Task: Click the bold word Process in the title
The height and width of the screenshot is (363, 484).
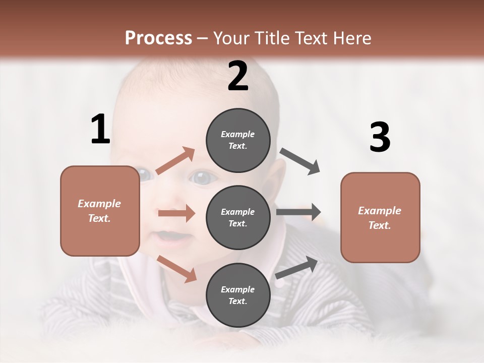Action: [x=158, y=38]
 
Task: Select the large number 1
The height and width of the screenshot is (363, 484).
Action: [x=100, y=129]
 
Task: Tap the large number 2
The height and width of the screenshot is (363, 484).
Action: [x=238, y=76]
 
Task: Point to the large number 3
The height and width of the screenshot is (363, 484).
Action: [x=380, y=137]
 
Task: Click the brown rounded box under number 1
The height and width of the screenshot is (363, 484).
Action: [x=100, y=211]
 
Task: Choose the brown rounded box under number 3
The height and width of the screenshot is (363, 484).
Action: [x=380, y=218]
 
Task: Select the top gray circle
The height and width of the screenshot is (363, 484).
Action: [x=238, y=140]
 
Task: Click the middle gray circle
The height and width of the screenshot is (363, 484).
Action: [x=238, y=217]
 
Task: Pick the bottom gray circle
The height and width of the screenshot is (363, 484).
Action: [x=238, y=295]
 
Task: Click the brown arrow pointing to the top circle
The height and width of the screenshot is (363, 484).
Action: [x=175, y=161]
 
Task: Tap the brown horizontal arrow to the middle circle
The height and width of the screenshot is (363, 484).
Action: [x=176, y=213]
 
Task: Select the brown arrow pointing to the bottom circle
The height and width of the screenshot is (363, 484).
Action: [x=176, y=268]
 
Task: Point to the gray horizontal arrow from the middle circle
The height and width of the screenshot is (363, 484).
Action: [x=298, y=212]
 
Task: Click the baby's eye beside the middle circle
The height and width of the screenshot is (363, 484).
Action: [x=203, y=178]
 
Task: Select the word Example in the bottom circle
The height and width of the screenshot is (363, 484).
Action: [x=238, y=289]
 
